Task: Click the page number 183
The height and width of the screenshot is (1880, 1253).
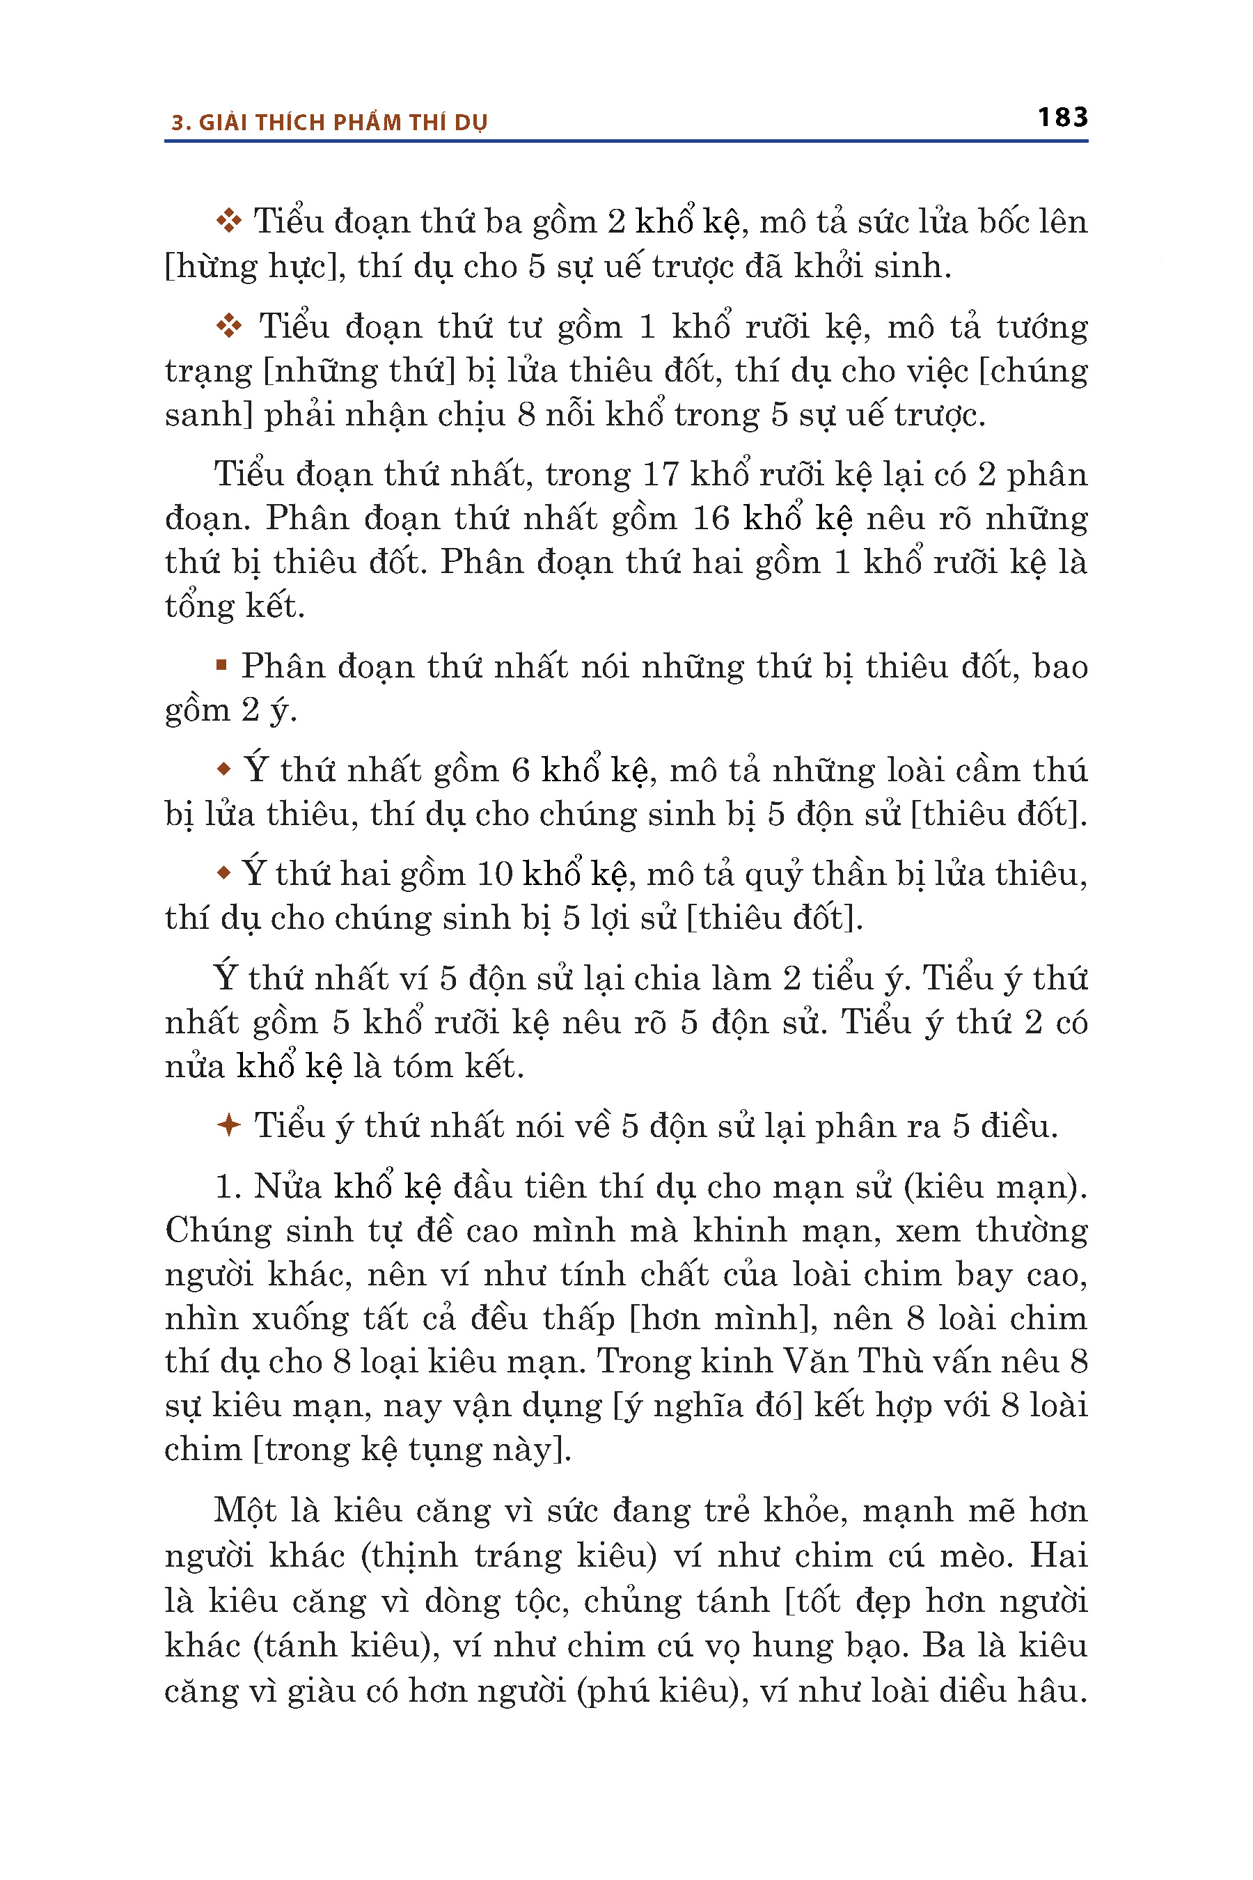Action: (1062, 118)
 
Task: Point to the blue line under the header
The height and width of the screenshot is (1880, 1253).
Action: (626, 141)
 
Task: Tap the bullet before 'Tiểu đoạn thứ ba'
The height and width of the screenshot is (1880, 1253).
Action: (229, 221)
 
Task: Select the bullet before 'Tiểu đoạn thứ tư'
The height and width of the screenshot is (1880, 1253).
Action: (229, 326)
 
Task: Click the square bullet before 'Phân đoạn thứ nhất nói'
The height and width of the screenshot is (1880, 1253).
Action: (221, 664)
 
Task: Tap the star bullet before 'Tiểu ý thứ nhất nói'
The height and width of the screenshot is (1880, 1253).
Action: (228, 1125)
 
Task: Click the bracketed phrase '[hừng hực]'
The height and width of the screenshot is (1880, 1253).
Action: (255, 266)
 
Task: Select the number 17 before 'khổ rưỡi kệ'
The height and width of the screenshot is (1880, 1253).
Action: (660, 474)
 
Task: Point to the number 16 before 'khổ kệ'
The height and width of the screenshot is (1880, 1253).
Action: (711, 518)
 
